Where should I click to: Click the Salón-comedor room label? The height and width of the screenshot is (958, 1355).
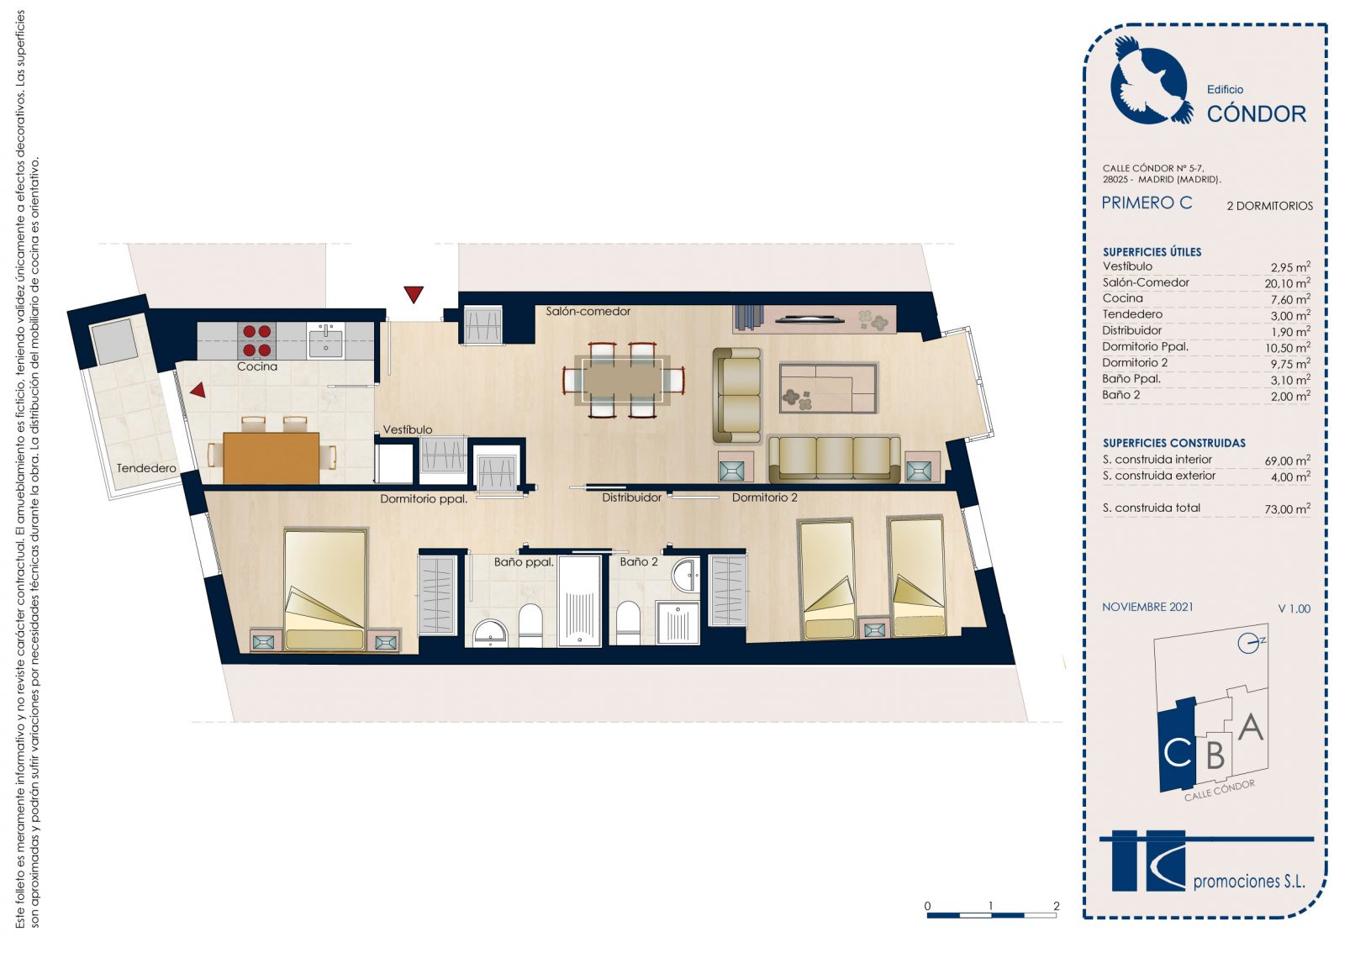pos(588,312)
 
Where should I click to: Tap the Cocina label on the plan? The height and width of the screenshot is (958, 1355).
pos(257,366)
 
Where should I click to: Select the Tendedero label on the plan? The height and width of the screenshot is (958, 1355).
pos(146,468)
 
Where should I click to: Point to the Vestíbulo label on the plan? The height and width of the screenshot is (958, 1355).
pos(408,429)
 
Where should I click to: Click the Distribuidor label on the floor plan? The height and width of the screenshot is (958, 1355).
pos(631,497)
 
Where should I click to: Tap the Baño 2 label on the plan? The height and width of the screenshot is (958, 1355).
pos(638,562)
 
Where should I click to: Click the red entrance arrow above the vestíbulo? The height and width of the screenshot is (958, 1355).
pos(414,294)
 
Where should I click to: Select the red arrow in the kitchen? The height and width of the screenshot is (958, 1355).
pos(198,390)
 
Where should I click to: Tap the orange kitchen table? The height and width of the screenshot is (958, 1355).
pos(271,458)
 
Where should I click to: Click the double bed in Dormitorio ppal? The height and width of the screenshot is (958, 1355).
pos(325,590)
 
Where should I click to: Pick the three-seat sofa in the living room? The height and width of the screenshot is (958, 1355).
pos(834,459)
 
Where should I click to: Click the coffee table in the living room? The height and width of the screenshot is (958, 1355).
pos(828,387)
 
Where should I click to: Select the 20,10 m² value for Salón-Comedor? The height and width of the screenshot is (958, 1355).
pos(1287,282)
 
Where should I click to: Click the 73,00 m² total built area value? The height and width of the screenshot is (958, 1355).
pos(1287,508)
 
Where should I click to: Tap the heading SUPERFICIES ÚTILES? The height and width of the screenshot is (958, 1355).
pos(1152,252)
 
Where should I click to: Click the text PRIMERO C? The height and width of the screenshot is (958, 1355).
pos(1147,203)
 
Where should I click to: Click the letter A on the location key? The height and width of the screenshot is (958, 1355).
pos(1251,727)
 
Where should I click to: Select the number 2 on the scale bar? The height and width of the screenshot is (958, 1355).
pos(1056,906)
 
